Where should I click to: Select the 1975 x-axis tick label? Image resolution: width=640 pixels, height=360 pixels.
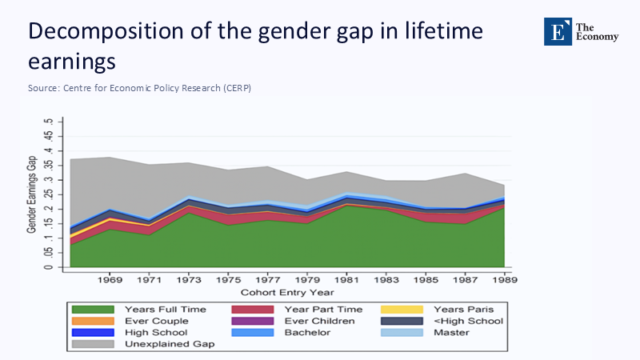point(227,280)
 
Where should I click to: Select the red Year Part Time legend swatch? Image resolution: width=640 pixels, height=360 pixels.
point(254,309)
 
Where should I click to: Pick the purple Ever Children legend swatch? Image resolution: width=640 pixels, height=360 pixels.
point(254,321)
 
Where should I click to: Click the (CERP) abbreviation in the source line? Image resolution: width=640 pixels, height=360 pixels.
point(237,88)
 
